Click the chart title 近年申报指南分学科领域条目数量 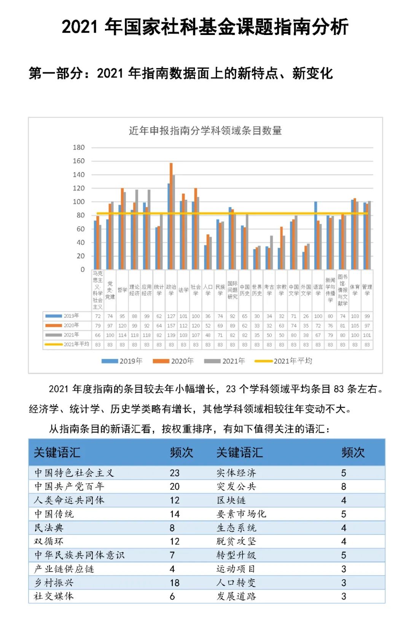[205, 131]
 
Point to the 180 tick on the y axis [79, 147]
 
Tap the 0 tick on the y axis [82, 269]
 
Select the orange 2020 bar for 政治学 [171, 216]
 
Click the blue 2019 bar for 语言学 [316, 235]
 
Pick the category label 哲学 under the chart [122, 290]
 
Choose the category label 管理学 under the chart [367, 290]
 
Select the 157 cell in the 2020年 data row [171, 326]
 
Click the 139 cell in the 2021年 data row [171, 335]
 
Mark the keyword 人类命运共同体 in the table [69, 500]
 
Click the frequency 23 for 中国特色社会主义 [175, 473]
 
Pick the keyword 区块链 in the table [231, 500]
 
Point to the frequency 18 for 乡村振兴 [175, 583]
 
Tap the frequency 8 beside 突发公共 [344, 487]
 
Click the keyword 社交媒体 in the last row [54, 596]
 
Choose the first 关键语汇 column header [57, 452]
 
